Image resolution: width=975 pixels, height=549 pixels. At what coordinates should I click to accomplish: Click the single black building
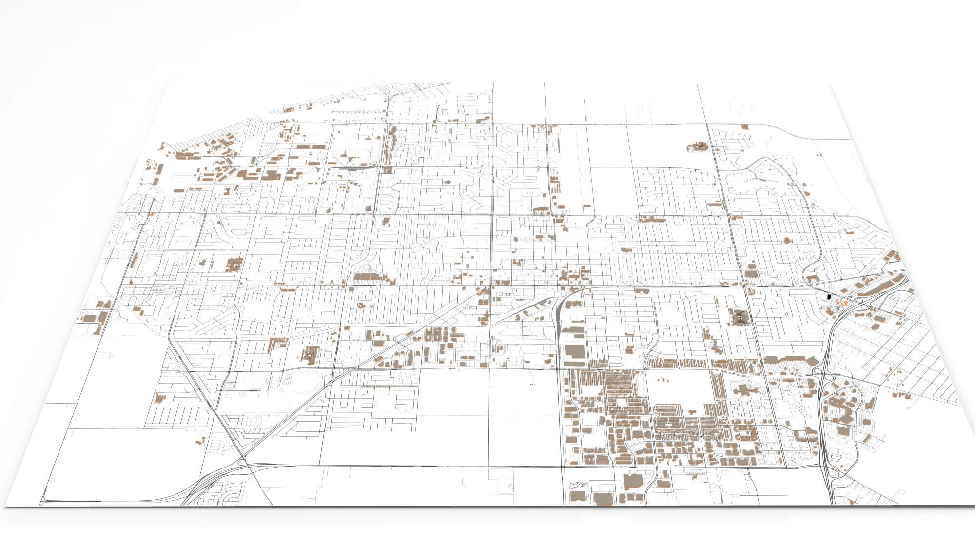(827, 296)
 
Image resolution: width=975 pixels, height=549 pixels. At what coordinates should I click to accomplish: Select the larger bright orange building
(838, 303)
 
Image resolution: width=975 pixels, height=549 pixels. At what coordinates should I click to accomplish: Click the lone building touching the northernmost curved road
(744, 127)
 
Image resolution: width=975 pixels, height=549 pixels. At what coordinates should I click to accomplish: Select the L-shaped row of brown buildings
(276, 344)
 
